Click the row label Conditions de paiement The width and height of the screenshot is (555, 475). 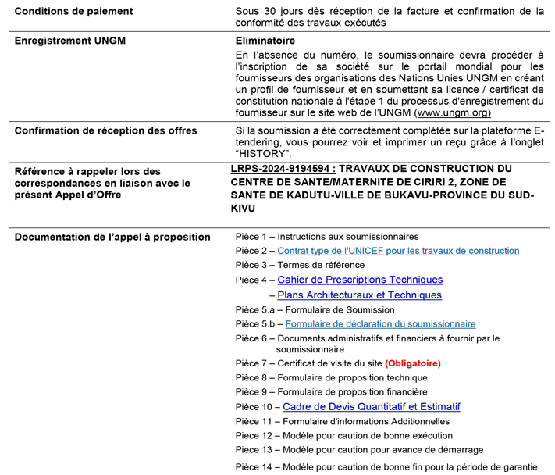[74, 12]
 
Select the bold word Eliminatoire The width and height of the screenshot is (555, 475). [265, 41]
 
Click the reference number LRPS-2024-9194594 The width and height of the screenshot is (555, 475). [283, 168]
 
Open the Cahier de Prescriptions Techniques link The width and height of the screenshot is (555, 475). [360, 280]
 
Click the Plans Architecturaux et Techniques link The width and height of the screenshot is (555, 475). [359, 295]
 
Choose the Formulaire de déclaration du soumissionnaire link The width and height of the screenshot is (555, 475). [380, 323]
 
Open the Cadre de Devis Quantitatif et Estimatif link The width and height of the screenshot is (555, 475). [371, 407]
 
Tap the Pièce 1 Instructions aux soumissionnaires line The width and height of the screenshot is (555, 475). [326, 236]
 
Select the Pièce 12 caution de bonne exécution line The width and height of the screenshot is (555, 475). [343, 436]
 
